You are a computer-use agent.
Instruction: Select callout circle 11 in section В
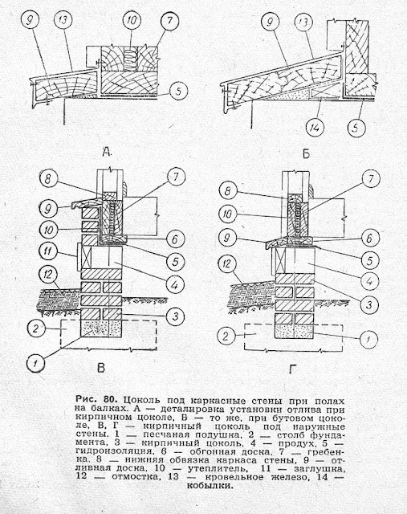point(48,251)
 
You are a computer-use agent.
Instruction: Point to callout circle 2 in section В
point(35,328)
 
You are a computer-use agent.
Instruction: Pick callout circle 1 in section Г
point(368,338)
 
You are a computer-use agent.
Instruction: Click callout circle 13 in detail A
point(63,19)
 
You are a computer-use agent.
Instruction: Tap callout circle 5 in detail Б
point(356,128)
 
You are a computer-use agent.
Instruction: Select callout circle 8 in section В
point(48,177)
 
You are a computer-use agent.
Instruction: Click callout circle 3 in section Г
point(368,305)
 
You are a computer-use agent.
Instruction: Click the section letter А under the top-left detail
point(107,152)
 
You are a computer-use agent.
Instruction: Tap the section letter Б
point(306,153)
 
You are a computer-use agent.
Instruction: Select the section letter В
point(101,368)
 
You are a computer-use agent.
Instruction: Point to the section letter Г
point(292,369)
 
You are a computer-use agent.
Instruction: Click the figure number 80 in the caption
point(110,400)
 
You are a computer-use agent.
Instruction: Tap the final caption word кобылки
point(210,485)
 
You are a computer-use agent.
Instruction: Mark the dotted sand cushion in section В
point(101,328)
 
